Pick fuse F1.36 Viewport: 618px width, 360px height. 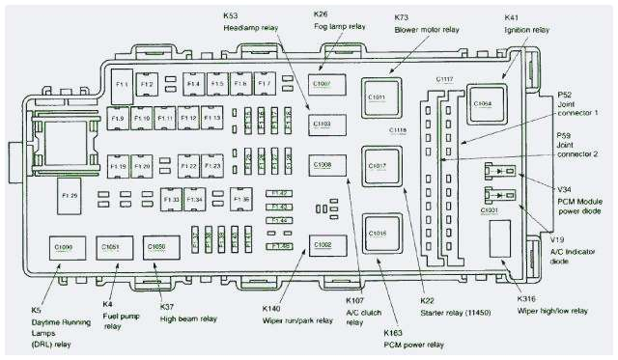[x=241, y=200]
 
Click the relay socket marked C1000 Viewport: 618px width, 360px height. [x=64, y=248]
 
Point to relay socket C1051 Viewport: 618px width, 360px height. [x=112, y=248]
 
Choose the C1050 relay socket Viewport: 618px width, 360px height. [x=158, y=248]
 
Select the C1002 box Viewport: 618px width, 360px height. [x=323, y=245]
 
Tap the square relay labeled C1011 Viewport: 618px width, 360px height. [x=377, y=97]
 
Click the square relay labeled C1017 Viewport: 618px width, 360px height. [x=377, y=166]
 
